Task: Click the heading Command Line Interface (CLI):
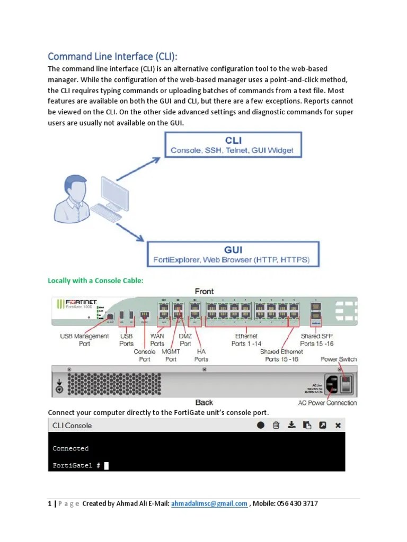113,57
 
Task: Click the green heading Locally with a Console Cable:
95,281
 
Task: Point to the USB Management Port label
85,340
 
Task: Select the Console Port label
145,355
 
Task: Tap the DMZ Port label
185,340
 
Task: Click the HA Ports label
201,355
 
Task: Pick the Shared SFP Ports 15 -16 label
317,340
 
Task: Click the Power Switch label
339,359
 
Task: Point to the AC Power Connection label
327,403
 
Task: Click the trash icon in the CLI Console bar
276,425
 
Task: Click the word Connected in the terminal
70,448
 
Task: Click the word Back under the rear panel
204,402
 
